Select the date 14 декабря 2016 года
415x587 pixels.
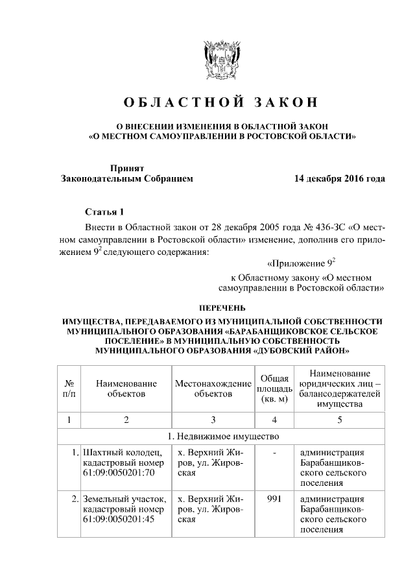coord(338,178)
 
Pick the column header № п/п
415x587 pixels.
coord(69,388)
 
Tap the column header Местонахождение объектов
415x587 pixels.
coord(213,388)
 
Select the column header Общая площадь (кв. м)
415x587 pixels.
coord(274,388)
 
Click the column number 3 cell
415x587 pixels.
coord(213,420)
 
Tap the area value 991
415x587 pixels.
coord(274,499)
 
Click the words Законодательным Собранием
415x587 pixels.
coord(126,178)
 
